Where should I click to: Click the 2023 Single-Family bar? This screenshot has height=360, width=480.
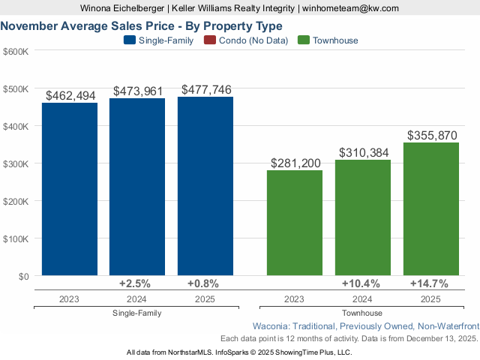(70, 189)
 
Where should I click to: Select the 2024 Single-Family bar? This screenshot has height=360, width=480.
(137, 187)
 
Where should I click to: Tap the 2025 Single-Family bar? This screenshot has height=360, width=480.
(205, 186)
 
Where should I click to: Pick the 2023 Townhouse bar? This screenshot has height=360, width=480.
(295, 223)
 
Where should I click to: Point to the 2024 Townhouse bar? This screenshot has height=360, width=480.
(363, 217)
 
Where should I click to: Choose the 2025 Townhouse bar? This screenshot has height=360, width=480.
(431, 209)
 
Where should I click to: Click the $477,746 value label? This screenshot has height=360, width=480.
(206, 90)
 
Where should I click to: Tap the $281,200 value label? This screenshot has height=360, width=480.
(295, 163)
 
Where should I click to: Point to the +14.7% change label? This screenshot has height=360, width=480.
(429, 283)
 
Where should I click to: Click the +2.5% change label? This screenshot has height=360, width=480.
(135, 283)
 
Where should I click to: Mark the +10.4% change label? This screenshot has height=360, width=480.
(360, 283)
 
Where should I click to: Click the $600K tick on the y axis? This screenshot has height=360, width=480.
(16, 51)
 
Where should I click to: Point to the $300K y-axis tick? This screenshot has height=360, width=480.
(16, 163)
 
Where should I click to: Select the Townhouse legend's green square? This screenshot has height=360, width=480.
(304, 40)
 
